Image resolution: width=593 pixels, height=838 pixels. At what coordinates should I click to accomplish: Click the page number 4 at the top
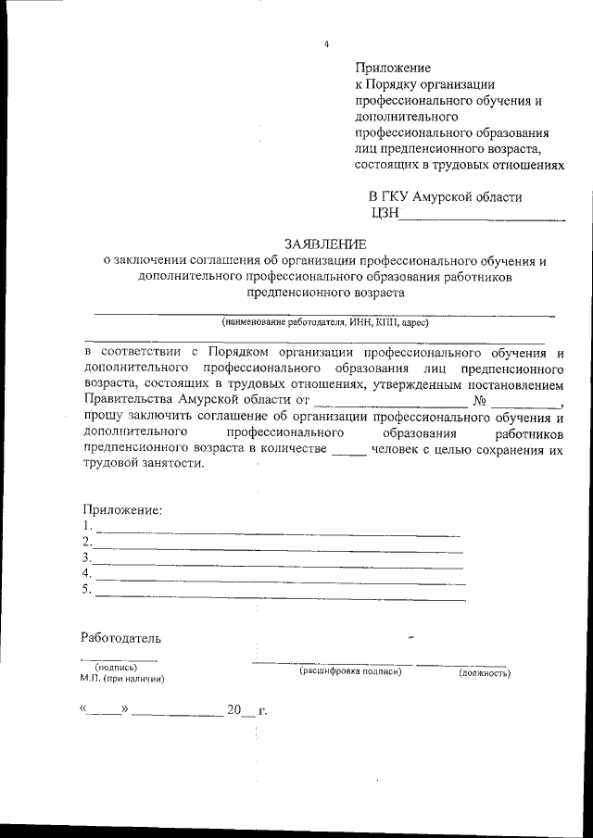click(327, 44)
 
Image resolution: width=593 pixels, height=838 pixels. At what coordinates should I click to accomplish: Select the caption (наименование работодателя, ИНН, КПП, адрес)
click(324, 323)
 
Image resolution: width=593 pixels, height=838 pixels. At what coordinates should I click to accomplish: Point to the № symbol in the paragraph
click(480, 401)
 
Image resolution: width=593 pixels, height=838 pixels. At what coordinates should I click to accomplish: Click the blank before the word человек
click(348, 450)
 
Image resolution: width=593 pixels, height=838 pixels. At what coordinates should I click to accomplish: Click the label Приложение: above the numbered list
click(121, 509)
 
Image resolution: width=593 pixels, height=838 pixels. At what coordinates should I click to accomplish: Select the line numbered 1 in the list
click(278, 531)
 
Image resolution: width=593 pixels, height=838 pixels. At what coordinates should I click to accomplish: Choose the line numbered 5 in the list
click(278, 594)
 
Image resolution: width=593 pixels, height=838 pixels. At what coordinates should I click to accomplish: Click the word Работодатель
click(120, 638)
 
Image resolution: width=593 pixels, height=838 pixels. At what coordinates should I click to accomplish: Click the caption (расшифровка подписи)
click(349, 671)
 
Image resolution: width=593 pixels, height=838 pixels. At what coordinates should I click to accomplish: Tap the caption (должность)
click(485, 673)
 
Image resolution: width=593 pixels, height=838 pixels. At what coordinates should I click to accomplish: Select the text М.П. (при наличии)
click(122, 679)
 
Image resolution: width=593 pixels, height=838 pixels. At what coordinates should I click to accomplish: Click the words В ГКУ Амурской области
click(445, 197)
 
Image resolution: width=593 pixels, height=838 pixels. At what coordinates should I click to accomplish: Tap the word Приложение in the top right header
click(394, 68)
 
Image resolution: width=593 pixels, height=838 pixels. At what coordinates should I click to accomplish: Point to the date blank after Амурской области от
click(389, 402)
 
